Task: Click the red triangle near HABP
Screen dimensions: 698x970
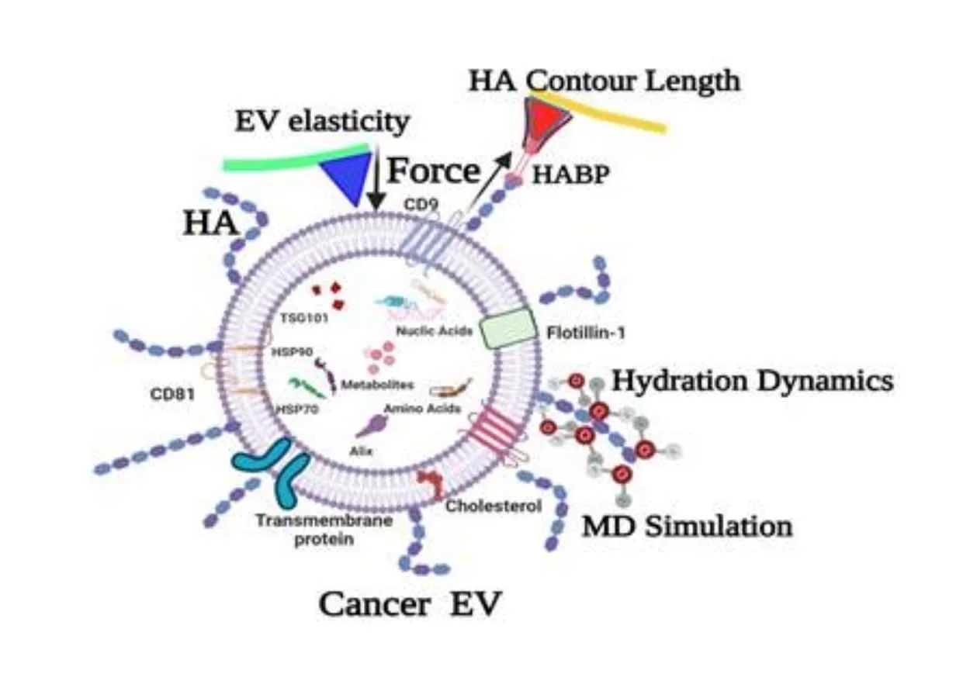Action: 548,116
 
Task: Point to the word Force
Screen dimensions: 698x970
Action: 434,170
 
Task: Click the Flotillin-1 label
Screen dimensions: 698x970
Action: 585,333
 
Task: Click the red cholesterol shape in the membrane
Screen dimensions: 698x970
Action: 429,484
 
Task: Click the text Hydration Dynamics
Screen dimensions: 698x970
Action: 752,381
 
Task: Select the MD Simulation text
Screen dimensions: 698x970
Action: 687,526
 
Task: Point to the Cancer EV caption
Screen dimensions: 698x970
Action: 410,604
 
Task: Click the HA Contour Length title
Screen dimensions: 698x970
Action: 603,81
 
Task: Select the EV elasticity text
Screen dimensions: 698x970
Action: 322,122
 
